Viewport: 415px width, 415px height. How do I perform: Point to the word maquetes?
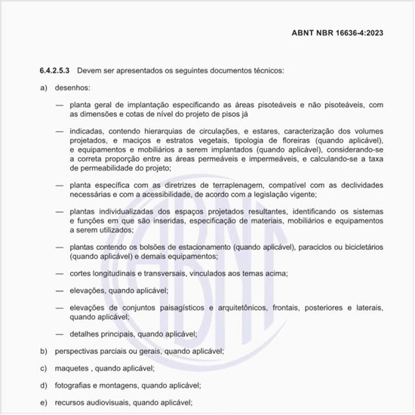coord(70,368)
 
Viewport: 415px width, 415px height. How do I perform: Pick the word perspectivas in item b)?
coord(78,351)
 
